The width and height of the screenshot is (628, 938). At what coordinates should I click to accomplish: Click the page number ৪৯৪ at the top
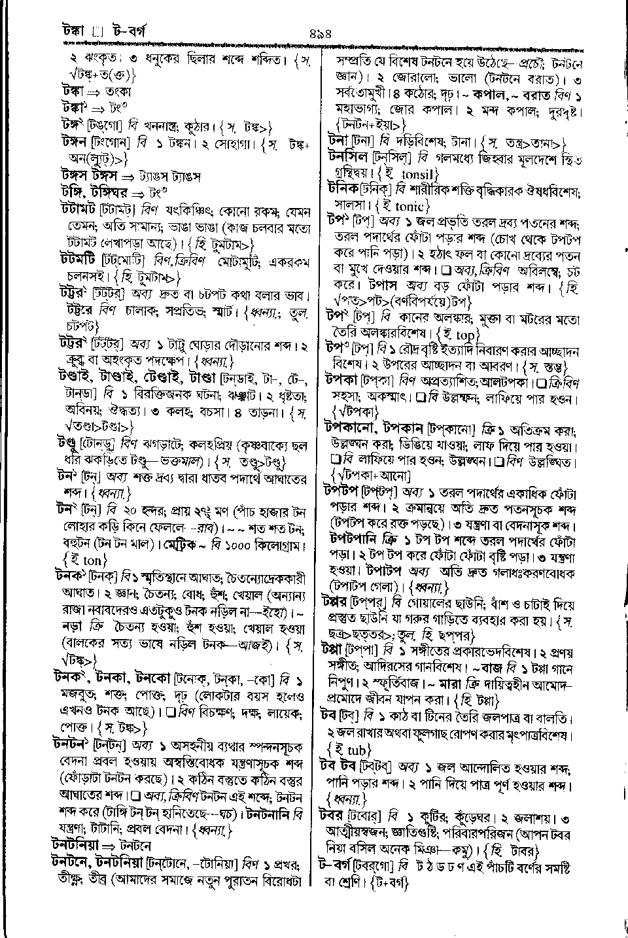click(x=315, y=31)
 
